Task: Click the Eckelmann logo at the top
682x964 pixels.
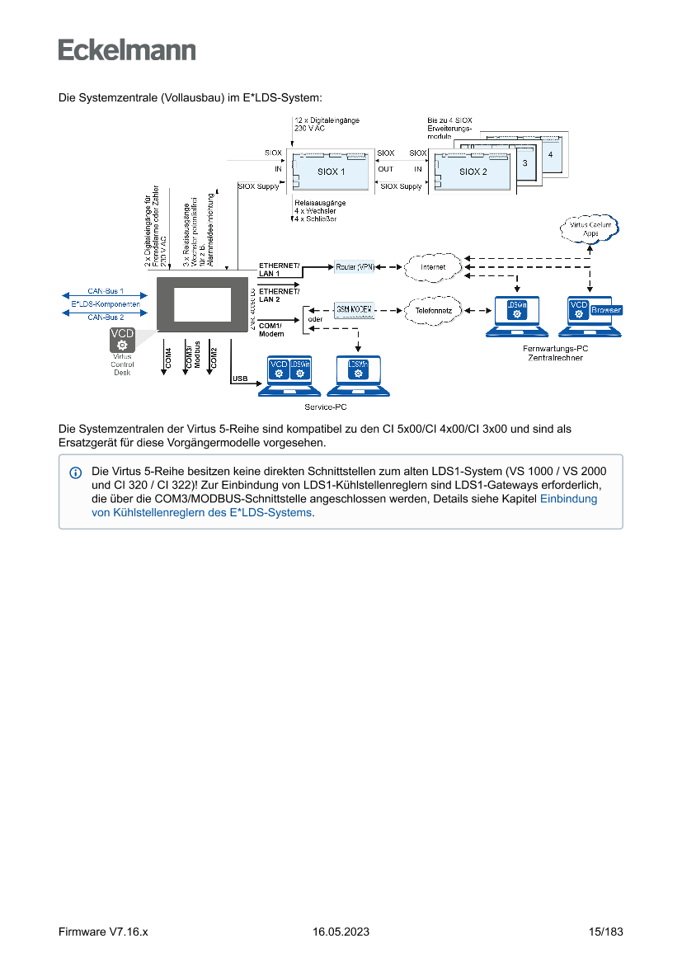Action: [x=127, y=49]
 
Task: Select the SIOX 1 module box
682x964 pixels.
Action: [x=331, y=172]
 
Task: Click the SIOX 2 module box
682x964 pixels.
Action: [x=473, y=172]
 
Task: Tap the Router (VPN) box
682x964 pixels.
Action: [x=355, y=267]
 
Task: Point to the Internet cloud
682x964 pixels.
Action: [x=433, y=267]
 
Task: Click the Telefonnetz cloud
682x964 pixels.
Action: [x=433, y=310]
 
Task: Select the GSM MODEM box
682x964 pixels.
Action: [x=355, y=309]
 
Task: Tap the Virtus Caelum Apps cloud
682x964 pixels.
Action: [x=590, y=228]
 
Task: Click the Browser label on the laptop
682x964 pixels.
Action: [x=606, y=310]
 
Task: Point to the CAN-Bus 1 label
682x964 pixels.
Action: [x=106, y=291]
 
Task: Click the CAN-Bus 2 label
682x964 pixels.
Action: [x=106, y=317]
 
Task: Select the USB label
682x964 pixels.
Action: [x=241, y=379]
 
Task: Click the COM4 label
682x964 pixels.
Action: [x=169, y=357]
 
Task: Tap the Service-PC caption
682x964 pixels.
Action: [x=325, y=407]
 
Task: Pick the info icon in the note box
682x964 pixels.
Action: [x=76, y=473]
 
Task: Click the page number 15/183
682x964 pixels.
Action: [x=605, y=932]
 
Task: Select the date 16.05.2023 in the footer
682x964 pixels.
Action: [x=341, y=932]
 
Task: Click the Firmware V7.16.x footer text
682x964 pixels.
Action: [x=103, y=932]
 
